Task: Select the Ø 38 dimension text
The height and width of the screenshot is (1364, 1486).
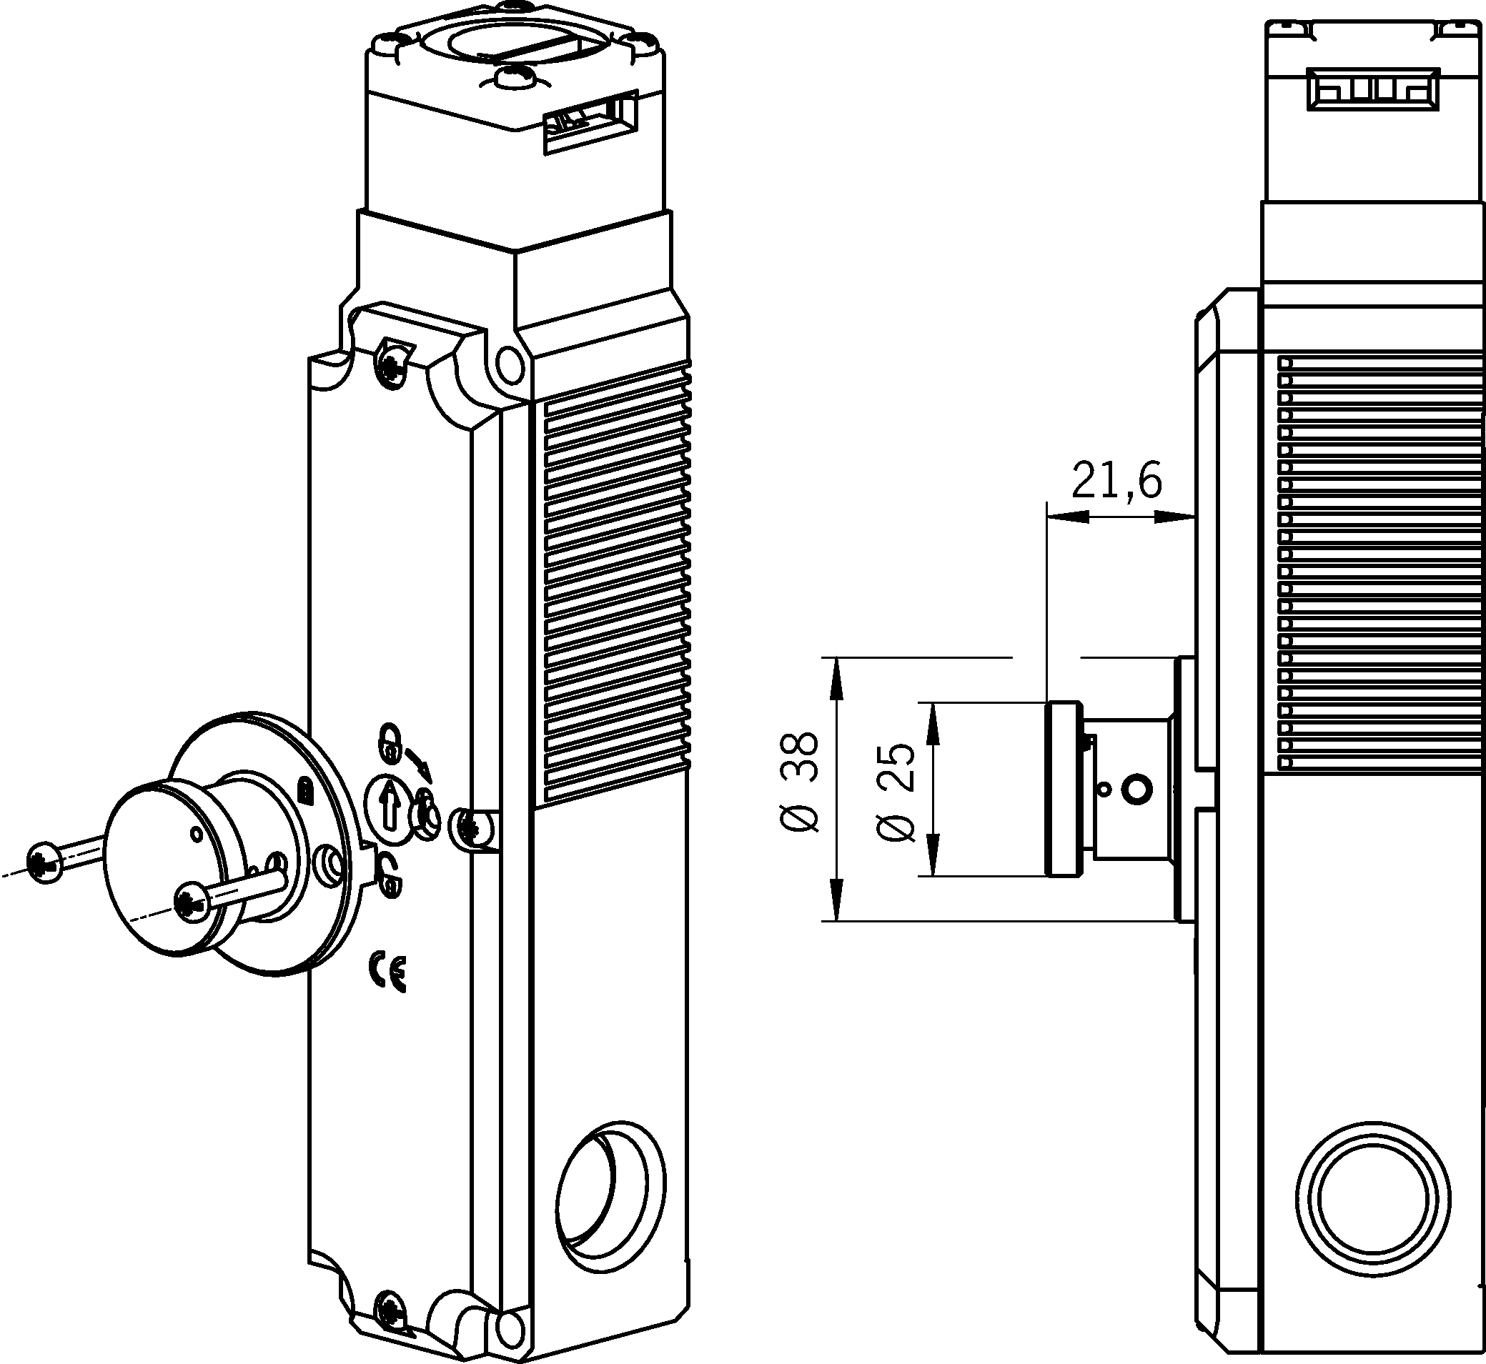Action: coord(801,782)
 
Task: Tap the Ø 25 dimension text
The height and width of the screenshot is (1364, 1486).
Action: coord(896,791)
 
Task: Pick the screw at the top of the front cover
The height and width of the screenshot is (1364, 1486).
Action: coord(391,362)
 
